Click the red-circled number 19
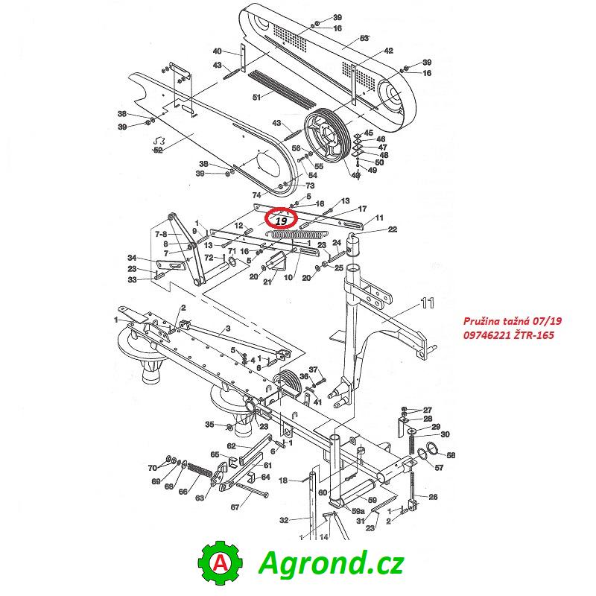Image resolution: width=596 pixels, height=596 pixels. click(282, 221)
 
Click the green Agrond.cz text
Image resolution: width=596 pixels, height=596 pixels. click(330, 563)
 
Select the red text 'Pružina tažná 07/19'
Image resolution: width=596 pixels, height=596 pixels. click(512, 322)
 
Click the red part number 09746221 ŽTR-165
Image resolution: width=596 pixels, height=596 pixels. click(508, 335)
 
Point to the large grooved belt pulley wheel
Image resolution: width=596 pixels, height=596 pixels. click(326, 136)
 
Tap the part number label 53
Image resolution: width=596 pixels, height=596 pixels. click(364, 39)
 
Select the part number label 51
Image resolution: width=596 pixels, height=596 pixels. click(257, 98)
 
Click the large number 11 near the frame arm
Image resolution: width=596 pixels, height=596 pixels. click(428, 303)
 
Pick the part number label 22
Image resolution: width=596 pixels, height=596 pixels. click(393, 229)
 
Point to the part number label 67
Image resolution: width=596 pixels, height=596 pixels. click(235, 507)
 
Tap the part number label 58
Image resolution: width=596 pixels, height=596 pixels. click(451, 455)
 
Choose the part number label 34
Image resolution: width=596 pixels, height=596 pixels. click(133, 259)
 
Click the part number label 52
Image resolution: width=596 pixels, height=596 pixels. click(158, 150)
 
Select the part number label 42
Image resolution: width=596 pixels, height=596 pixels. click(388, 51)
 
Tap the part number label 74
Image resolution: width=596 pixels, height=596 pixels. click(257, 195)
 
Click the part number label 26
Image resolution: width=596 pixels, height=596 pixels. click(433, 497)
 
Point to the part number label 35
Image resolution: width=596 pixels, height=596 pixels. click(210, 425)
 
